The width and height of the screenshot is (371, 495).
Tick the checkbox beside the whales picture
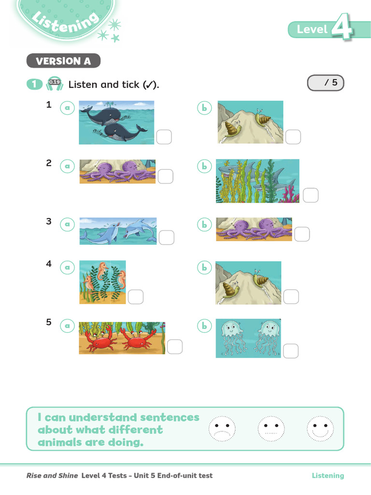click(x=164, y=137)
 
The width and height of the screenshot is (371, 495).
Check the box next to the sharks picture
click(x=311, y=195)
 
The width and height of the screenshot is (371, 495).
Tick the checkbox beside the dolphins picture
click(x=167, y=237)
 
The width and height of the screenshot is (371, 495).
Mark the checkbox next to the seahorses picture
click(x=136, y=297)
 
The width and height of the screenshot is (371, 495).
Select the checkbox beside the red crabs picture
click(x=175, y=347)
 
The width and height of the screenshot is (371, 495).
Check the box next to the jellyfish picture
click(x=291, y=351)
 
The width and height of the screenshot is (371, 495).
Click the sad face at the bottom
click(x=222, y=429)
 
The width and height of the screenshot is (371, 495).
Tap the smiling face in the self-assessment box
click(x=320, y=429)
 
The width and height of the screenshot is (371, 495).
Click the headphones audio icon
click(x=55, y=84)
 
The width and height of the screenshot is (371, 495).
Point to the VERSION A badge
click(x=63, y=60)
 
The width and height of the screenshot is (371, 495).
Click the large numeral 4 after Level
click(x=342, y=27)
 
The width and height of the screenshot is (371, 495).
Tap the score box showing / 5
click(x=326, y=83)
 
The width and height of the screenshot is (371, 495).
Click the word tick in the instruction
click(x=130, y=85)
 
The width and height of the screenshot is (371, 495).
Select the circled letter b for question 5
click(x=204, y=326)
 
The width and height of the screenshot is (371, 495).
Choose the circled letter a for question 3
click(x=67, y=224)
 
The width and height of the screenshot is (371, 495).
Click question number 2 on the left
click(x=49, y=163)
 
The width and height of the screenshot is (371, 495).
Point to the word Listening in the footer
click(x=328, y=476)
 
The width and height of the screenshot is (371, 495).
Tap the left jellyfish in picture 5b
click(x=232, y=338)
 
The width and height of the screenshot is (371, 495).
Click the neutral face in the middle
click(x=271, y=429)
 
